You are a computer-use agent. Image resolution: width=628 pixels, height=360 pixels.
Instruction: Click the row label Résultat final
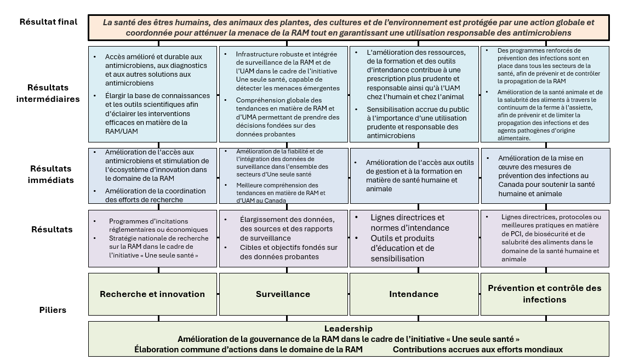[48, 22]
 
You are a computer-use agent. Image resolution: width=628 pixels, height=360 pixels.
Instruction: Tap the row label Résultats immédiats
[50, 174]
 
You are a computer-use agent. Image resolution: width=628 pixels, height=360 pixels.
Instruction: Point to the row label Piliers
[54, 310]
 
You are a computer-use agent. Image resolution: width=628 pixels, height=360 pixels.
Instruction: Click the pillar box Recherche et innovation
[152, 294]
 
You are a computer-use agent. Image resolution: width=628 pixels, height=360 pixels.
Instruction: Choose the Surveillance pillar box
[283, 294]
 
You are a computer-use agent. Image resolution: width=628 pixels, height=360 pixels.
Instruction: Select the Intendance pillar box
[414, 294]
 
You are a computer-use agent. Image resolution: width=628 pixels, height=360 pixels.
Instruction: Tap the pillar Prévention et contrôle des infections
[544, 294]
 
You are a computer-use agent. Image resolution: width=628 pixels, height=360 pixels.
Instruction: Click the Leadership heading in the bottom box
[348, 329]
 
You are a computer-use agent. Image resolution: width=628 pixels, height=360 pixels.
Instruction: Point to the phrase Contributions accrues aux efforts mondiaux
[477, 349]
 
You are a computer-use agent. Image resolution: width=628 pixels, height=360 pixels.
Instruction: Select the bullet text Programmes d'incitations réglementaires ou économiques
[158, 225]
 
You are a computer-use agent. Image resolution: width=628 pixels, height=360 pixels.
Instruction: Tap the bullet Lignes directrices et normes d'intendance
[409, 222]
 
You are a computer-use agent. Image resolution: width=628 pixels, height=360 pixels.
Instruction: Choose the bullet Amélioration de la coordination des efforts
[156, 195]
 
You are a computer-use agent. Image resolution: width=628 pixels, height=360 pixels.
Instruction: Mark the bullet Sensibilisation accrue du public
[418, 122]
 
